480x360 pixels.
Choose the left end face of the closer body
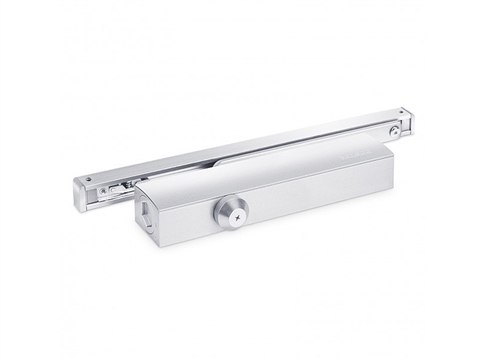(145, 220)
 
